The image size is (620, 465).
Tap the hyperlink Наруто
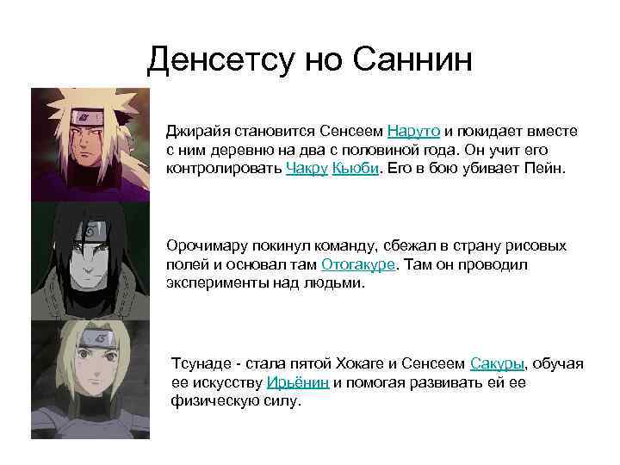click(x=414, y=131)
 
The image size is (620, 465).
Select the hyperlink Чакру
click(x=306, y=168)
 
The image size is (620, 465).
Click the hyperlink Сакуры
click(x=497, y=363)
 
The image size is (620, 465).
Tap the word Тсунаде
click(x=203, y=363)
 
